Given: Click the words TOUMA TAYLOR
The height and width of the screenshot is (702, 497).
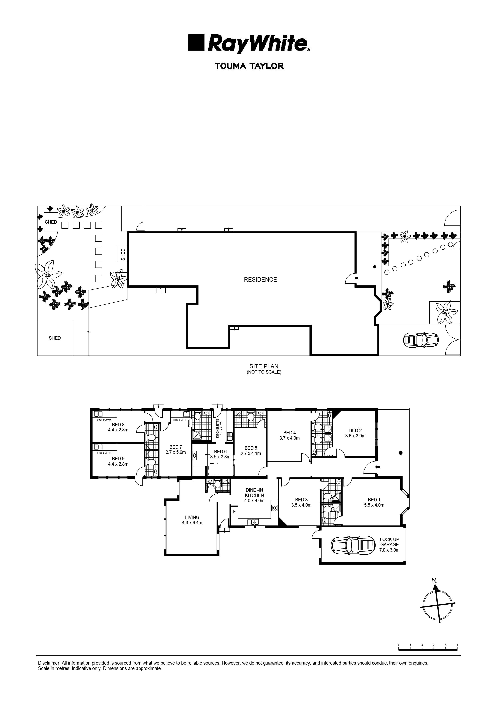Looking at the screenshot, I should pyautogui.click(x=249, y=66).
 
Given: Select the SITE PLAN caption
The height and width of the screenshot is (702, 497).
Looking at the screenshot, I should pyautogui.click(x=264, y=366).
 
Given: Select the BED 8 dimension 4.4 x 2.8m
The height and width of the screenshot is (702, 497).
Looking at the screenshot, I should pyautogui.click(x=118, y=430).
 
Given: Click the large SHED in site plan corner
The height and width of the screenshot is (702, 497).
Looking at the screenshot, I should pyautogui.click(x=55, y=338).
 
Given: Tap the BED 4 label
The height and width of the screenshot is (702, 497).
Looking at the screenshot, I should pyautogui.click(x=290, y=433).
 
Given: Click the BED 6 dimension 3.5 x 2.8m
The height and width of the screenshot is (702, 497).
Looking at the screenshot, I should pyautogui.click(x=220, y=457).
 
